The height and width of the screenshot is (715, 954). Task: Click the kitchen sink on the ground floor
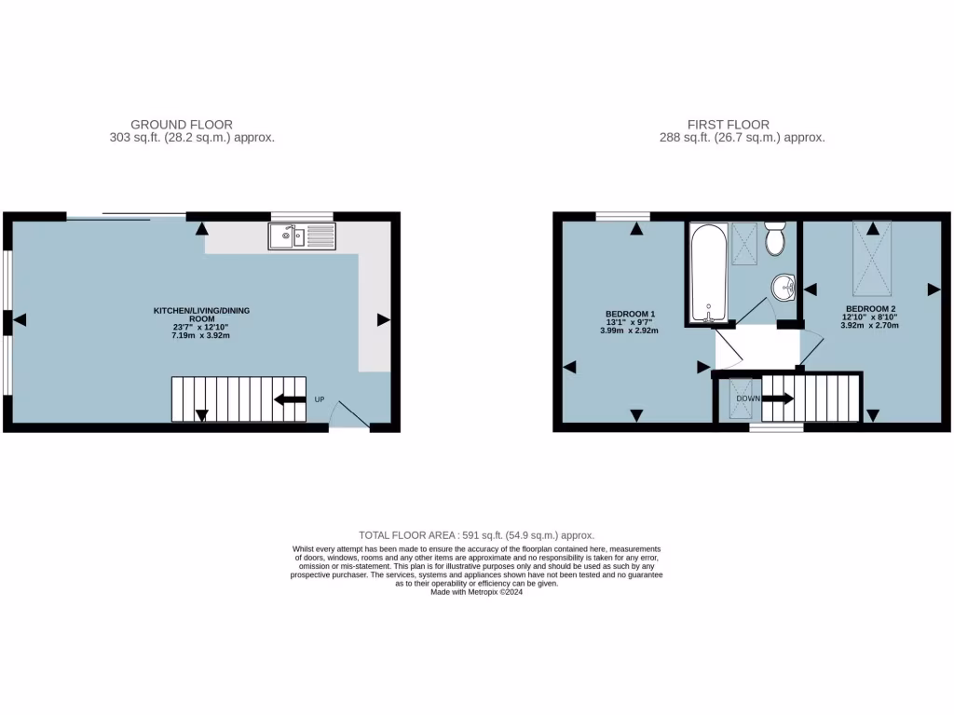tap(302, 236)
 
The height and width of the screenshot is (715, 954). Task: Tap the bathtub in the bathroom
tap(709, 271)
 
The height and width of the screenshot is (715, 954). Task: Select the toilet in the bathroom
tap(774, 239)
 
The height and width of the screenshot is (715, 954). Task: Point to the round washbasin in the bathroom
tap(784, 288)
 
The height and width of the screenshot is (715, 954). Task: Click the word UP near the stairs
tap(320, 400)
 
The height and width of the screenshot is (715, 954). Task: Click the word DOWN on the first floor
tap(748, 398)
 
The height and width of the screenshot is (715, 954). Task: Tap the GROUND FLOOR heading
tap(182, 124)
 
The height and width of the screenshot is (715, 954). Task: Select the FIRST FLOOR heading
tap(729, 124)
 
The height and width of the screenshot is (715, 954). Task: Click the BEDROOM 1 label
tap(630, 314)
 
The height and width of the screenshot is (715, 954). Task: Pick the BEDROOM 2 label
tap(870, 309)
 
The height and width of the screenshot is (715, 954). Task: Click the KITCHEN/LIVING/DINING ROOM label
tap(201, 314)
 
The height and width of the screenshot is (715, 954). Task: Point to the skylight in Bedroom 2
tap(871, 258)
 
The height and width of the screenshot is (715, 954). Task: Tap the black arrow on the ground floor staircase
tap(290, 400)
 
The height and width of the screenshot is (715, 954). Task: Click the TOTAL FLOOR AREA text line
tap(476, 535)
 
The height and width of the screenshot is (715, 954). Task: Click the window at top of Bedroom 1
tap(622, 217)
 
